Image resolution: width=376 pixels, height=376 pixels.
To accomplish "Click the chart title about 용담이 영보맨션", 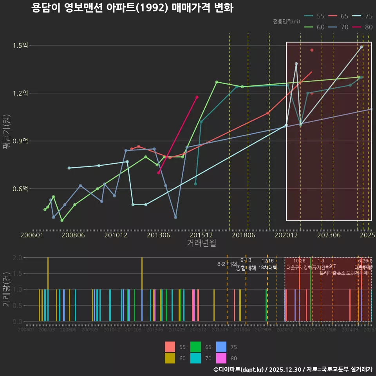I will click(x=132, y=8).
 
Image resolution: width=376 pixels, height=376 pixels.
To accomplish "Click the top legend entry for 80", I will click(x=362, y=27).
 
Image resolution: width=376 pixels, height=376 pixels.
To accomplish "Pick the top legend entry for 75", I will click(x=362, y=16).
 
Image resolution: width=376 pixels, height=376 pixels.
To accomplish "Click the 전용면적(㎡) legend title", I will click(x=287, y=22).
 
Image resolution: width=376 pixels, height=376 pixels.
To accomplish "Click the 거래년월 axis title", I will click(x=201, y=243).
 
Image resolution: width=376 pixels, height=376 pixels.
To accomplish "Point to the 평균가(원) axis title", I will click(x=7, y=137).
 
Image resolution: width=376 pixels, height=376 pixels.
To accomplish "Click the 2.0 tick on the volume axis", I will click(x=17, y=258).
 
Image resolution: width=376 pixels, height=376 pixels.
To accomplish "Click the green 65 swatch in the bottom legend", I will click(x=195, y=347).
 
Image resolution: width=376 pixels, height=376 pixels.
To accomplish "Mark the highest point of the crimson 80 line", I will click(x=197, y=97).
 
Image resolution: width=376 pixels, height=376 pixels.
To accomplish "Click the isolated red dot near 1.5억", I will click(x=312, y=50).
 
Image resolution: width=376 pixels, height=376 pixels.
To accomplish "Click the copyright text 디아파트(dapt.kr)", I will click(x=239, y=369).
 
